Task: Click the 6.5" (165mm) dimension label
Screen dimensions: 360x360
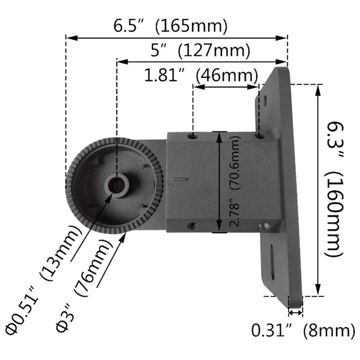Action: tap(171, 26)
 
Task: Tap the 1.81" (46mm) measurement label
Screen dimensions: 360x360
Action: tap(200, 76)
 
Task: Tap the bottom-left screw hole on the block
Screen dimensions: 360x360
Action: tap(192, 226)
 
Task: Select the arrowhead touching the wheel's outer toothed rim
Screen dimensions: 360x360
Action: tap(127, 236)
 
